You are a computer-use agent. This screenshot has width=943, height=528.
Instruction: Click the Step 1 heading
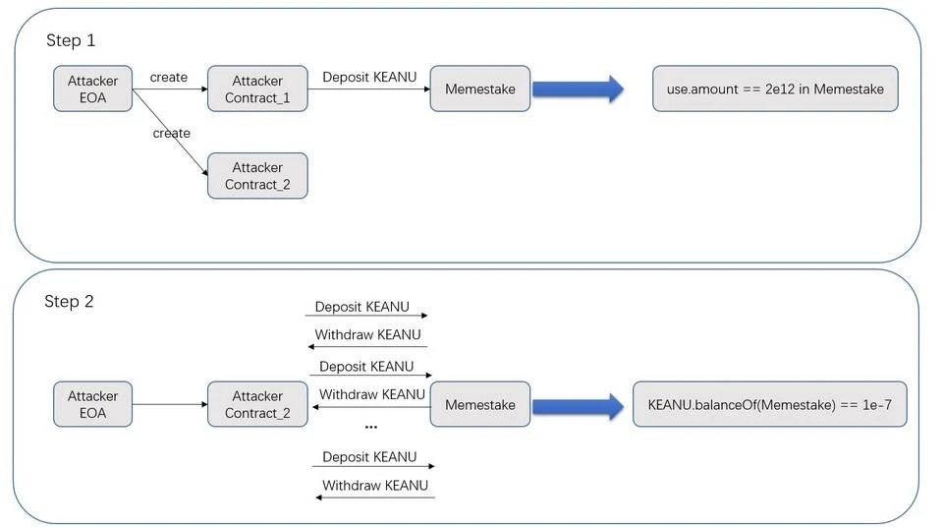pyautogui.click(x=71, y=40)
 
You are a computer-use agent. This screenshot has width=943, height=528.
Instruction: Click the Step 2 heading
pyautogui.click(x=69, y=301)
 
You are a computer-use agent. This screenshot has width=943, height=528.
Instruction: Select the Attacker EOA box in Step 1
pyautogui.click(x=92, y=89)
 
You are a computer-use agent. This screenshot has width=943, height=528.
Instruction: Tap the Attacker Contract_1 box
pyautogui.click(x=257, y=89)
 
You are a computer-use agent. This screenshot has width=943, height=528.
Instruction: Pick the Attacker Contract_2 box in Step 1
pyautogui.click(x=257, y=176)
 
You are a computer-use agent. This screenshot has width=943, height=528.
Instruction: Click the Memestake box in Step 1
pyautogui.click(x=480, y=89)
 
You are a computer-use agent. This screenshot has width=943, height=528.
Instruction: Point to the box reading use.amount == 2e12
pyautogui.click(x=775, y=89)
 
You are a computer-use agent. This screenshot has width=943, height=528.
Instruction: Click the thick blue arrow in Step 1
pyautogui.click(x=578, y=89)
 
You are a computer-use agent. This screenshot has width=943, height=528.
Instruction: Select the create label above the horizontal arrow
pyautogui.click(x=168, y=77)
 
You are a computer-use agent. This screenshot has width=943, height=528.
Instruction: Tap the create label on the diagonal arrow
pyautogui.click(x=171, y=133)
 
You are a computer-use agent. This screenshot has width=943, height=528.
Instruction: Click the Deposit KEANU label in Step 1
pyautogui.click(x=369, y=77)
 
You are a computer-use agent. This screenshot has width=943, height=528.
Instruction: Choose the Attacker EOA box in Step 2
pyautogui.click(x=92, y=404)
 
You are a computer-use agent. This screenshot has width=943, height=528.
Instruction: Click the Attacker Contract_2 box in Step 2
pyautogui.click(x=257, y=404)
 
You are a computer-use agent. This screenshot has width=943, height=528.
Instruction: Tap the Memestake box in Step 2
pyautogui.click(x=480, y=404)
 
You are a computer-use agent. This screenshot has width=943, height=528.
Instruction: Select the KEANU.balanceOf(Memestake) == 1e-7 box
pyautogui.click(x=770, y=404)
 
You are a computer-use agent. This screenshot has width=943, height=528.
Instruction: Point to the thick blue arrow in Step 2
pyautogui.click(x=578, y=406)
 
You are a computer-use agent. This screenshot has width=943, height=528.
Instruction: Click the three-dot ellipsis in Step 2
pyautogui.click(x=371, y=427)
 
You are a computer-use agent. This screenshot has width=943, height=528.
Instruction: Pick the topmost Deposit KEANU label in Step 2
pyautogui.click(x=362, y=307)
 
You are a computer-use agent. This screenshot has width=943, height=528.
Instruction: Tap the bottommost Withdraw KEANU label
pyautogui.click(x=375, y=486)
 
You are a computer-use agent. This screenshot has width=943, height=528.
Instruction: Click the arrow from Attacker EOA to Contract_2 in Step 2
pyautogui.click(x=170, y=404)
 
